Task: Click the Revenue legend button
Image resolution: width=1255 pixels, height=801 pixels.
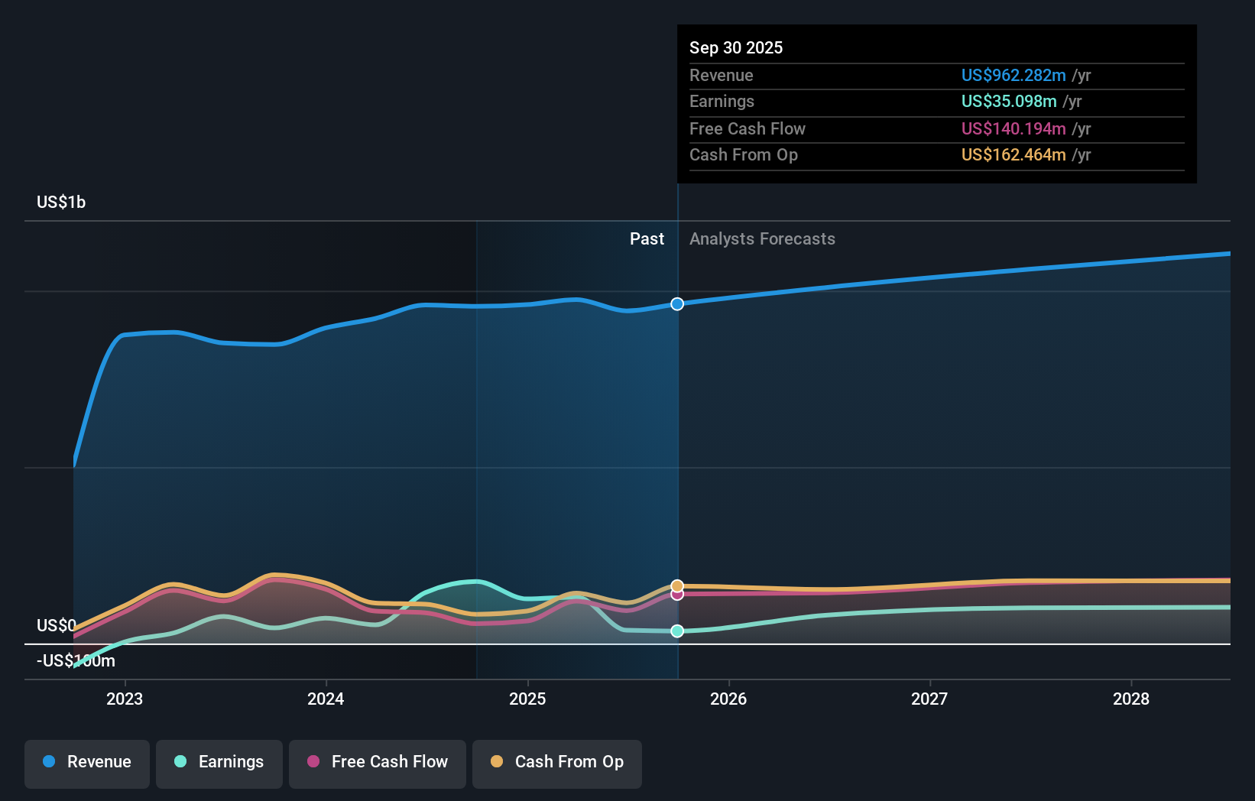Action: pyautogui.click(x=87, y=762)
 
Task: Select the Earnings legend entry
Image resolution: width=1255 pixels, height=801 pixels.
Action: pyautogui.click(x=219, y=762)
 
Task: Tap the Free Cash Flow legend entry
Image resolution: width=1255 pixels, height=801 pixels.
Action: pyautogui.click(x=378, y=762)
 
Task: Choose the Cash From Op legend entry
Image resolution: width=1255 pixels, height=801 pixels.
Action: pyautogui.click(x=557, y=762)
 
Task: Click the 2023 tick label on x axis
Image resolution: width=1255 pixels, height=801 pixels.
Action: pyautogui.click(x=125, y=699)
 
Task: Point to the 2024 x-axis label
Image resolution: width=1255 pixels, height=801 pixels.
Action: pyautogui.click(x=326, y=699)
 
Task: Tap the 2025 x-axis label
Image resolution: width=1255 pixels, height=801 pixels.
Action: pyautogui.click(x=527, y=699)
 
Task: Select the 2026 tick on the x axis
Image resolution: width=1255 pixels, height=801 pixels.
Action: pyautogui.click(x=728, y=699)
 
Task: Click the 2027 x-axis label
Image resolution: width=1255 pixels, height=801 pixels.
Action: pyautogui.click(x=929, y=699)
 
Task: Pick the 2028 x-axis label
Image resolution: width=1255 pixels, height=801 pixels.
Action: pyautogui.click(x=1131, y=699)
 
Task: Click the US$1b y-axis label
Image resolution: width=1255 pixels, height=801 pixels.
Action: pyautogui.click(x=61, y=203)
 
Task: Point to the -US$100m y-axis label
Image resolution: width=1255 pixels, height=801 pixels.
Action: pyautogui.click(x=76, y=661)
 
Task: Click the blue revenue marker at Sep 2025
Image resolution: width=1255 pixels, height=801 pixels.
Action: pyautogui.click(x=677, y=304)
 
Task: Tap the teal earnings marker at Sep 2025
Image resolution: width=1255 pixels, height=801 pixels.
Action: pyautogui.click(x=677, y=631)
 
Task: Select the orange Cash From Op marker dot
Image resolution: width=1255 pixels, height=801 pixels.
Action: pyautogui.click(x=677, y=586)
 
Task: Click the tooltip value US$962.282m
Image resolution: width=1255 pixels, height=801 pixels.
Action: pyautogui.click(x=1013, y=76)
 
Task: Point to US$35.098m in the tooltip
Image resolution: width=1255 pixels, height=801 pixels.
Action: pyautogui.click(x=1009, y=102)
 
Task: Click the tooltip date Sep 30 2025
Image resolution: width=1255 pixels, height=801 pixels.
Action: pyautogui.click(x=736, y=48)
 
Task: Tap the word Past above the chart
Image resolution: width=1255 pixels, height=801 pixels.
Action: pyautogui.click(x=647, y=239)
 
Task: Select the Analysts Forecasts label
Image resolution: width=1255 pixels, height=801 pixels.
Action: pyautogui.click(x=762, y=239)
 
